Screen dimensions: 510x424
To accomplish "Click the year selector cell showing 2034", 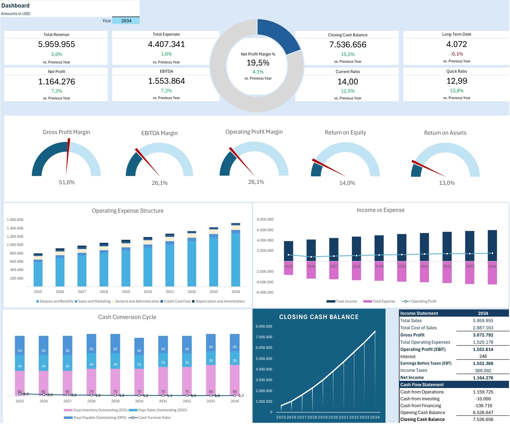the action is pos(126,21).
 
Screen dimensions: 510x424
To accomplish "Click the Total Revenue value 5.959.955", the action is pos(57,44).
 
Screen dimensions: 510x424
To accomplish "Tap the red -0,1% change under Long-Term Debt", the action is pos(456,54).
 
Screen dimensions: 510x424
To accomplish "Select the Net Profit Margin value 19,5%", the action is pos(258,63).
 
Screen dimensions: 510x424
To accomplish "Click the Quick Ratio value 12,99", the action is pos(457,81).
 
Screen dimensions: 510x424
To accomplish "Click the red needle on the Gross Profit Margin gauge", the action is pos(68,156).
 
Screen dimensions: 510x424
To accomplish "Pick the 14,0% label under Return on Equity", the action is pos(347,183).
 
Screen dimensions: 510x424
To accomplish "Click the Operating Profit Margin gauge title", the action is pos(254,132).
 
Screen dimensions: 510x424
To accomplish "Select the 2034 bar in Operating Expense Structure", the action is pos(236,255).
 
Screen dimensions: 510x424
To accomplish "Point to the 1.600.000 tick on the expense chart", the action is pos(15,220).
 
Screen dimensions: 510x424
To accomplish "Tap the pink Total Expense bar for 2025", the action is pos(288,268).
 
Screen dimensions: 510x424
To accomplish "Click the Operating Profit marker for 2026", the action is pos(311,257).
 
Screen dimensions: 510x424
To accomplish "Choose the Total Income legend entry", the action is pos(342,301).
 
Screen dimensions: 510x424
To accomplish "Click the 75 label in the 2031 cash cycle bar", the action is pos(163,391).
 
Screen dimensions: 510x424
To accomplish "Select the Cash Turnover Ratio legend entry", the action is pos(150,417).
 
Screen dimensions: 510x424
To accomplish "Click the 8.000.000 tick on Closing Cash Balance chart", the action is pos(264,327).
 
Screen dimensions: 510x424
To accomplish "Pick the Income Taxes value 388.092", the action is pos(483,371).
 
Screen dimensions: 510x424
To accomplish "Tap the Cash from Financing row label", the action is pos(420,406).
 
